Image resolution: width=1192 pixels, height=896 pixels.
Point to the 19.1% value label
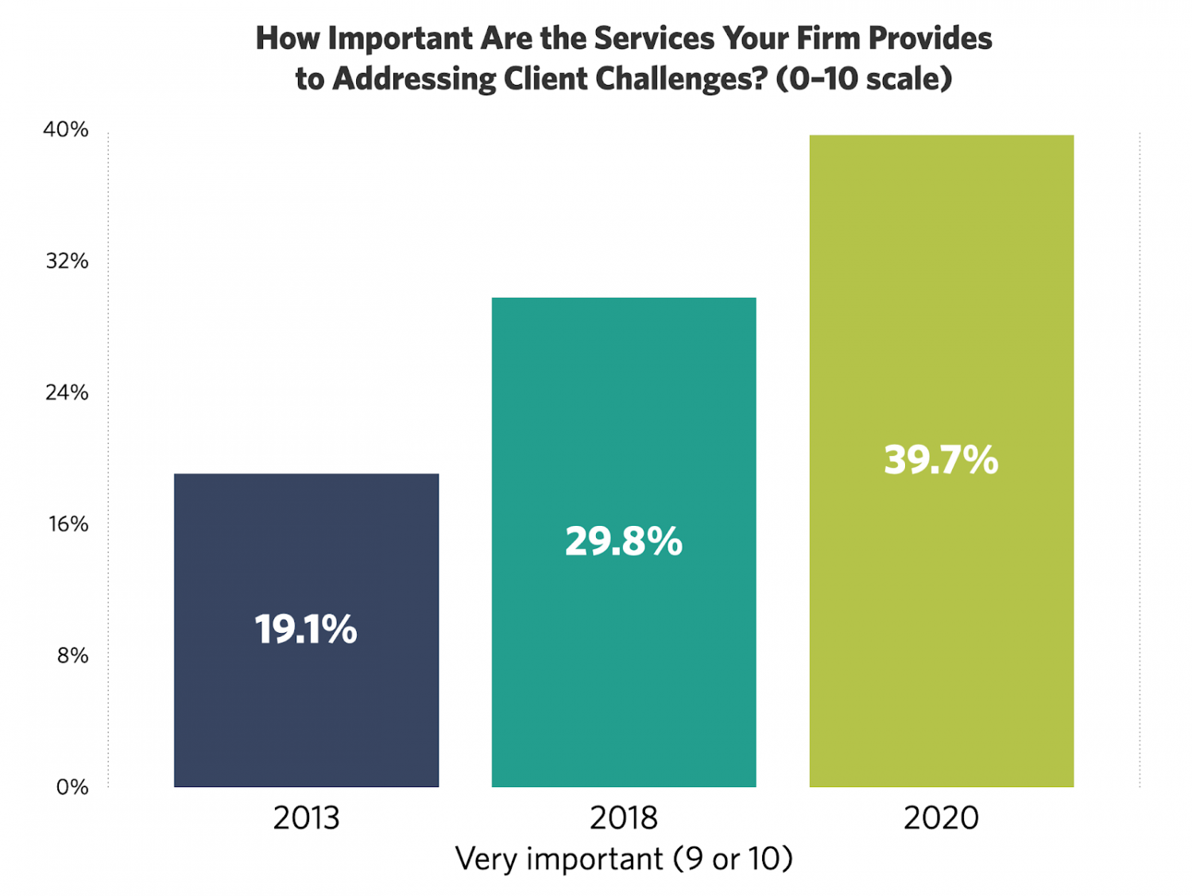pos(306,629)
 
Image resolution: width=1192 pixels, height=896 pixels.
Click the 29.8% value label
pos(624,542)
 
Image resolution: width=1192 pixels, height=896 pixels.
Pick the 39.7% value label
pos(942,460)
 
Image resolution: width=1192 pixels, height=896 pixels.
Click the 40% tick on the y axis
pos(66,129)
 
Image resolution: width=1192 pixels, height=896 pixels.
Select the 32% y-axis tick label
pos(67,261)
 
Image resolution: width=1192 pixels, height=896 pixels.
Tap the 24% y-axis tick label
pos(67,392)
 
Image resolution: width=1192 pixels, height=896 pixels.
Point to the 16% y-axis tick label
pos(68,524)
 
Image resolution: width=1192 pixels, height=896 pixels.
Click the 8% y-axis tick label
pos(72,655)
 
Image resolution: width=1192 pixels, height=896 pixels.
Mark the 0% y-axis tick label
pos(72,787)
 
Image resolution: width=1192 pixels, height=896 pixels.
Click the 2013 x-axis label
pos(306,817)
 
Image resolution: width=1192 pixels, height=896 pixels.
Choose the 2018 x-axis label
pos(624,817)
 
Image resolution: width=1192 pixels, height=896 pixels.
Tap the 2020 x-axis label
pos(942,817)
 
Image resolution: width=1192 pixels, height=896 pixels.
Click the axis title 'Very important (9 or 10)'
pos(624,859)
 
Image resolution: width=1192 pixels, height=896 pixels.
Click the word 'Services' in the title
pos(654,38)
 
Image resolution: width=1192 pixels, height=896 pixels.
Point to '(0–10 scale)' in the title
pos(864,79)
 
